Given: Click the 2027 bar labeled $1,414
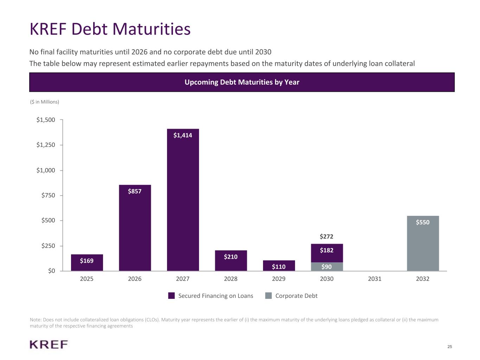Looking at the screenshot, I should point(183,200).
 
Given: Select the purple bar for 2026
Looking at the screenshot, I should point(135,229).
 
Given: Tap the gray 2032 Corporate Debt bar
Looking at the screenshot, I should point(423,244).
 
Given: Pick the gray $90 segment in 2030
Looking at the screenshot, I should point(327,267).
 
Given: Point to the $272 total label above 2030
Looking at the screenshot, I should point(327,237).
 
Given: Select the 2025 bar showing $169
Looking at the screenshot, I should point(87,263).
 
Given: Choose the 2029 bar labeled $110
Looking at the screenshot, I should point(279,266).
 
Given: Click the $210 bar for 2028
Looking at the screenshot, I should point(231,261).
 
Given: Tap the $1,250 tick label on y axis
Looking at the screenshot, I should point(46,145).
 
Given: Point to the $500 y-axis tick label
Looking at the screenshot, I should point(48,220).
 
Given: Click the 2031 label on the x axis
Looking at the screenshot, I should point(375,279).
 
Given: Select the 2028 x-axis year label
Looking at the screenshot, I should point(231,279).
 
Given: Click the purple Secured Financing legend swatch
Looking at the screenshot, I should point(171,296).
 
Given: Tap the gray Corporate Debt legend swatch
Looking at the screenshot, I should point(268,296).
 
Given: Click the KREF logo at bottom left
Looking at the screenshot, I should point(49,345).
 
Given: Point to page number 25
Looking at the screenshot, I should point(450,347).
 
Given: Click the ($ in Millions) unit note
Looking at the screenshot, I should point(45,102).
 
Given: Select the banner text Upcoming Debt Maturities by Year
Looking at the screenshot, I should point(242,82).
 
